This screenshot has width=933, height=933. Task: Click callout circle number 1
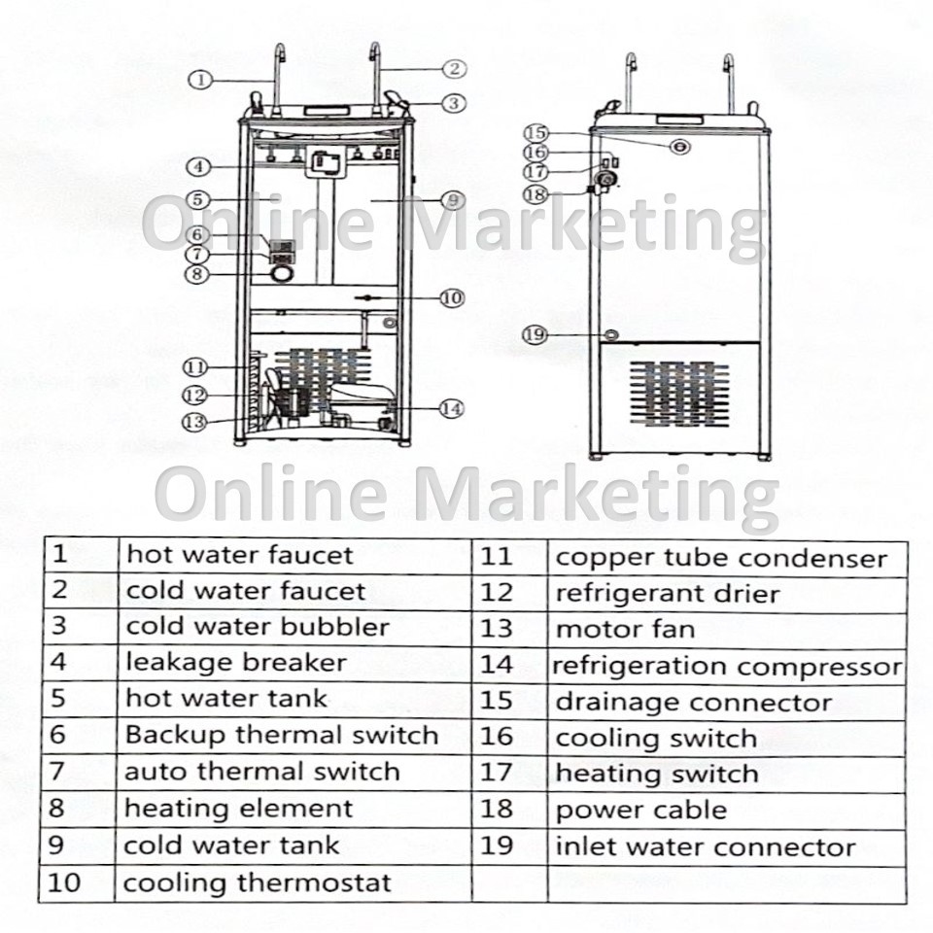coord(200,81)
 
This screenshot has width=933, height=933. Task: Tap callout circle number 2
coord(454,68)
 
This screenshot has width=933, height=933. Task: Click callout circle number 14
coord(451,409)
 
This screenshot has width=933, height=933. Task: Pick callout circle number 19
coord(536,334)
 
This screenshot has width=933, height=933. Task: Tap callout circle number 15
coord(536,133)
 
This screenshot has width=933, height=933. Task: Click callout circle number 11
coord(196,367)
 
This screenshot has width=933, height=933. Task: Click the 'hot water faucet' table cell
coord(239,556)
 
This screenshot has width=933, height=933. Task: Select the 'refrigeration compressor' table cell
coord(727,667)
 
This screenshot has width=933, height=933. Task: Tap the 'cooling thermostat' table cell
coord(257,883)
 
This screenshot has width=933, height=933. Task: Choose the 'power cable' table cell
coord(640,810)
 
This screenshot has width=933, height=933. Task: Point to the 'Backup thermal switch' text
coord(281,735)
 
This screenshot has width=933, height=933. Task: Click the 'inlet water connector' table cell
coord(705,847)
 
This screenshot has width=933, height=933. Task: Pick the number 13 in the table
coord(496,629)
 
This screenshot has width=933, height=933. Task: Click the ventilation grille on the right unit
coord(678,394)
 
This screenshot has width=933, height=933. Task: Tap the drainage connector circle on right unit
coord(679,146)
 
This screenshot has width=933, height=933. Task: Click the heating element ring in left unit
coord(282,276)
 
